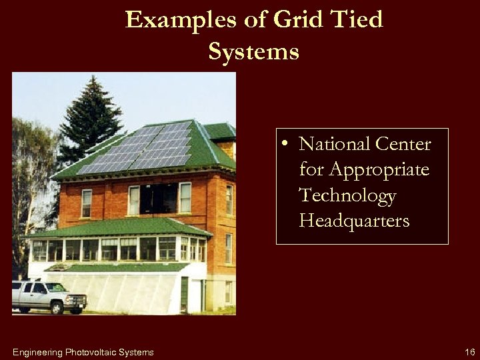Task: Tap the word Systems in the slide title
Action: [x=253, y=51]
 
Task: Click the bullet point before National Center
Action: [x=285, y=143]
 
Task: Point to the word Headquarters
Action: [x=354, y=221]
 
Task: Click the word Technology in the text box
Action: [x=347, y=195]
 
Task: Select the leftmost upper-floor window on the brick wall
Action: [x=87, y=203]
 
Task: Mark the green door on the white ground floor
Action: [x=184, y=293]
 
